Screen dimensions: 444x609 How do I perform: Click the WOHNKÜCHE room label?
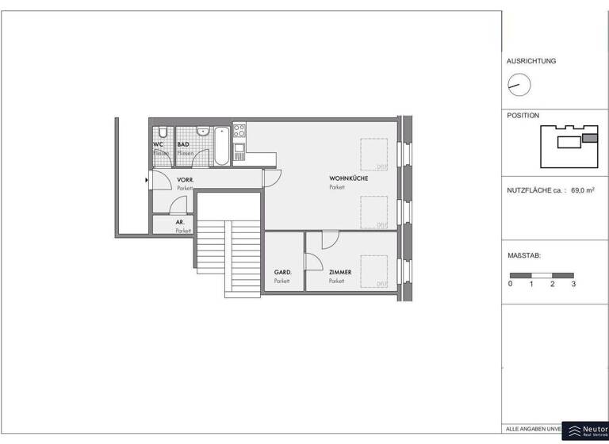(349, 178)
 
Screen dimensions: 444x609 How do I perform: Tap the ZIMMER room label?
(340, 272)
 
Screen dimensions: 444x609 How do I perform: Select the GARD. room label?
(283, 272)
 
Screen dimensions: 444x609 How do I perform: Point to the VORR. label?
(186, 181)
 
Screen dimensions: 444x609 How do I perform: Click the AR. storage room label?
(181, 223)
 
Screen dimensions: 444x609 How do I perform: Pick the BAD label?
(183, 144)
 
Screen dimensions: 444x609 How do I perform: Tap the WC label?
(159, 144)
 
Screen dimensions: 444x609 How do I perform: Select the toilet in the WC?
(161, 131)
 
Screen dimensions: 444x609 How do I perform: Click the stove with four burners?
(239, 130)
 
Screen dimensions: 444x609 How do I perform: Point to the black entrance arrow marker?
(147, 180)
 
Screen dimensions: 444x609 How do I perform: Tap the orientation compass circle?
(519, 83)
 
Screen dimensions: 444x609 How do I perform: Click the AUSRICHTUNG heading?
(531, 61)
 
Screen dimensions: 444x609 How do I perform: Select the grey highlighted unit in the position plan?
(589, 138)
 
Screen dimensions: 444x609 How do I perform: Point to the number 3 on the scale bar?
(573, 284)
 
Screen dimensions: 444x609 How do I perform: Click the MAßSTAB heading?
(523, 256)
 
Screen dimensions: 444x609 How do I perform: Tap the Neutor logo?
(585, 431)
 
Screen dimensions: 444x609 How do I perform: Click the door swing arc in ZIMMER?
(330, 237)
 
